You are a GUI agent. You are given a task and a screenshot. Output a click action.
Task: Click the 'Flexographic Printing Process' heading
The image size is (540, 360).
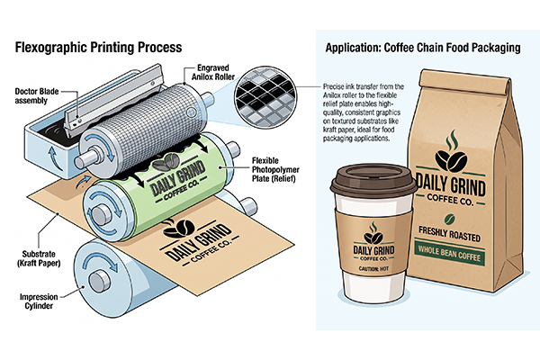click(98, 47)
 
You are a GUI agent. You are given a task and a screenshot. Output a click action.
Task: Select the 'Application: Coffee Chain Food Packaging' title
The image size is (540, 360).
click(423, 48)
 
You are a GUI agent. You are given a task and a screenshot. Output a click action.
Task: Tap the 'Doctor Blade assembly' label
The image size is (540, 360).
click(37, 96)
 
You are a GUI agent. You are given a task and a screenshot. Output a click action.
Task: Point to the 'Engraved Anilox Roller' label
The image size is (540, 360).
click(212, 72)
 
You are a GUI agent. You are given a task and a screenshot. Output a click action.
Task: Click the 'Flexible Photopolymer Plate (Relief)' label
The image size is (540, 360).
click(275, 169)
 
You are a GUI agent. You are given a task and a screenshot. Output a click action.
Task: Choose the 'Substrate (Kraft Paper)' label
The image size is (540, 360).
click(39, 258)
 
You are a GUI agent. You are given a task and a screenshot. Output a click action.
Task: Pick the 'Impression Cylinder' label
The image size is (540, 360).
click(39, 301)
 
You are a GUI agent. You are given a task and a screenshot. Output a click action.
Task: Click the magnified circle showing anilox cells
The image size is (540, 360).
click(265, 97)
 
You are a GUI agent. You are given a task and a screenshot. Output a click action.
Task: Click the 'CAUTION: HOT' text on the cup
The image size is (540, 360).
click(373, 268)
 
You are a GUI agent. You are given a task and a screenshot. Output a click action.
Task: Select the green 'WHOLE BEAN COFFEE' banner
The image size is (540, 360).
click(449, 254)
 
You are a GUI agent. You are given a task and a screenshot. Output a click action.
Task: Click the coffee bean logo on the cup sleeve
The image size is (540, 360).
click(373, 233)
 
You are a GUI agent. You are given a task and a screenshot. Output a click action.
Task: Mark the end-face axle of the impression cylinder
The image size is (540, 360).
click(100, 281)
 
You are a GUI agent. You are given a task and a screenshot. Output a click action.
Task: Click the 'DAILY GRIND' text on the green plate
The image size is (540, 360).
click(177, 179)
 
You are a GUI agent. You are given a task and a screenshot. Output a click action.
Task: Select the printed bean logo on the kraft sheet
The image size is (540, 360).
click(179, 228)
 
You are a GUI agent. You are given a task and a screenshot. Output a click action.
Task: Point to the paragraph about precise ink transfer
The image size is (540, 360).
click(364, 112)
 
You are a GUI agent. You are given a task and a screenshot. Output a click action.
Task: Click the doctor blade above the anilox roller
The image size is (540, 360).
click(113, 100)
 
